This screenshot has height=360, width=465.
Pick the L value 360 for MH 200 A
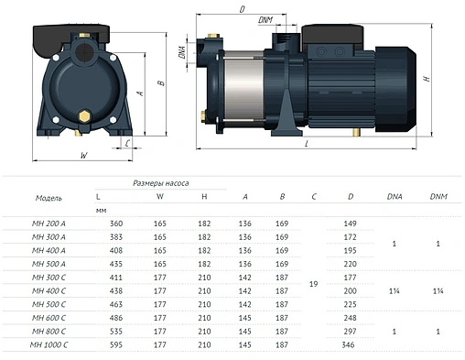click(115, 223)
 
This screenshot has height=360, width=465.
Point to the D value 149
click(349, 223)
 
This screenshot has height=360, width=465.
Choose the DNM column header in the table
click(438, 196)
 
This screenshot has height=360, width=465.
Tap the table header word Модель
click(49, 197)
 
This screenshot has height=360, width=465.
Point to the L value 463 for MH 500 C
click(115, 302)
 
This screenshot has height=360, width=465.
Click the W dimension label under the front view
click(83, 156)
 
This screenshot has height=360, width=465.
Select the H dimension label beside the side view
click(427, 79)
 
